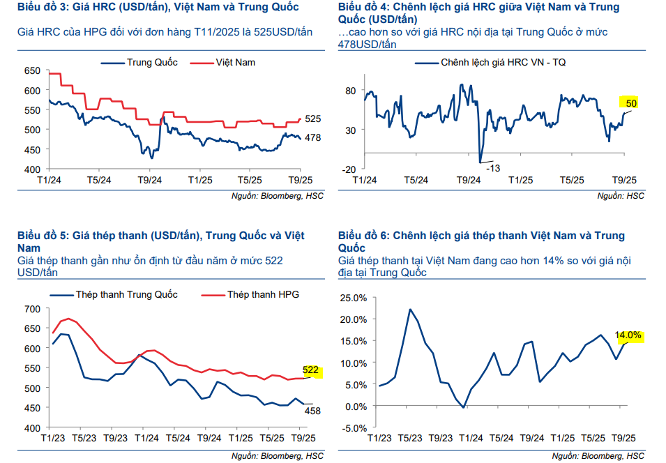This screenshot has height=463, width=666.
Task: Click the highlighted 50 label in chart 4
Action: (x=632, y=103)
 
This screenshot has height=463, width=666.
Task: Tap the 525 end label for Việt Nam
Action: (x=312, y=119)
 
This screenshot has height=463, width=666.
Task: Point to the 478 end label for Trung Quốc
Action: (x=312, y=138)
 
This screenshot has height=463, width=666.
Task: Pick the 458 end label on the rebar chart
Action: (x=312, y=411)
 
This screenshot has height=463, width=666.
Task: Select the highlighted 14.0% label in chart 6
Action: (x=628, y=335)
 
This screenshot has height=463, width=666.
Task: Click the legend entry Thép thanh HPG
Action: (x=262, y=294)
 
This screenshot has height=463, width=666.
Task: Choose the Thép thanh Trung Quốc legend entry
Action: (x=126, y=294)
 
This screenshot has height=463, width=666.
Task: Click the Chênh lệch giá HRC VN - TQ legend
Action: (x=503, y=62)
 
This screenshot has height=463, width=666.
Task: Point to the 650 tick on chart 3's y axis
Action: (x=33, y=70)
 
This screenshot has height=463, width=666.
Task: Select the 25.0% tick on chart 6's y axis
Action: (x=353, y=298)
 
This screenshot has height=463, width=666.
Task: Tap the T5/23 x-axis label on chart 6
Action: (x=409, y=438)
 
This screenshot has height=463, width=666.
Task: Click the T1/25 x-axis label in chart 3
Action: (x=200, y=179)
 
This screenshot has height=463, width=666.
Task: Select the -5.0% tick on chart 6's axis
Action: (x=353, y=427)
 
